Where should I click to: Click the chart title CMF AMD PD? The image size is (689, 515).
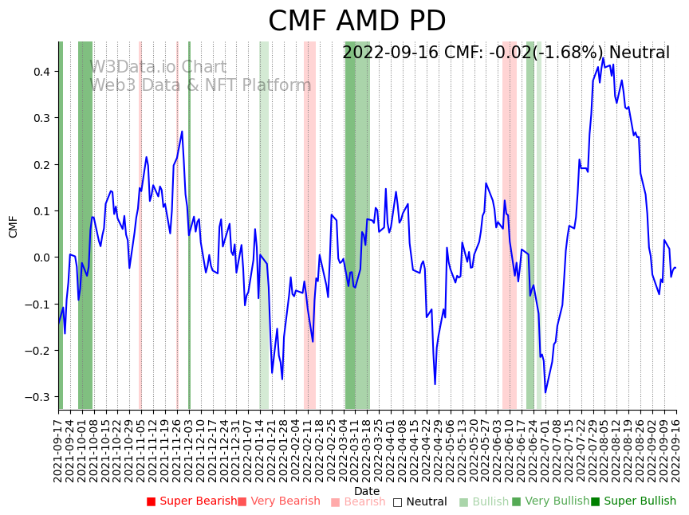pyautogui.click(x=356, y=22)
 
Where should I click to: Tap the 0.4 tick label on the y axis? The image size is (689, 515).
pyautogui.click(x=41, y=72)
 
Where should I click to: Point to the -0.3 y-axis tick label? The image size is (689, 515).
pyautogui.click(x=37, y=397)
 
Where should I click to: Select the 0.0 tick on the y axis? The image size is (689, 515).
pyautogui.click(x=41, y=257)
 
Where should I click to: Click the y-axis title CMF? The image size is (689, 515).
pyautogui.click(x=14, y=226)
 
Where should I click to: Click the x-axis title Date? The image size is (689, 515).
pyautogui.click(x=367, y=491)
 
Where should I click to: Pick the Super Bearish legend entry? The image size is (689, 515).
pyautogui.click(x=191, y=501)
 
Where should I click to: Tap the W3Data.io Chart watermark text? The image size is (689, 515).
pyautogui.click(x=158, y=67)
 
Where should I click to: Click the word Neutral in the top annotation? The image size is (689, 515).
pyautogui.click(x=639, y=53)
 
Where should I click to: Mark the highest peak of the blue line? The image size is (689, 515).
pyautogui.click(x=603, y=57)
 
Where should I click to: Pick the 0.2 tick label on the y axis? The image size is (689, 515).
pyautogui.click(x=41, y=165)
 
